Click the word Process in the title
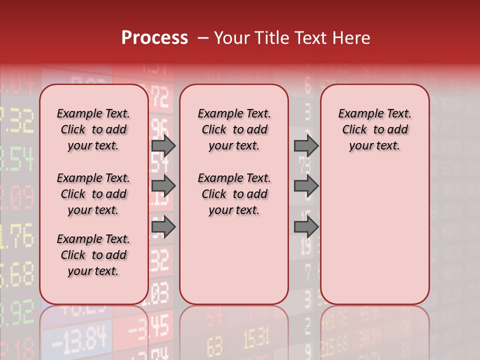click(154, 38)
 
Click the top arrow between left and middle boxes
click(163, 145)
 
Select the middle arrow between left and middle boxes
click(163, 186)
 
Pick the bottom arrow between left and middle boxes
click(163, 227)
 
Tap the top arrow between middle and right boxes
click(306, 145)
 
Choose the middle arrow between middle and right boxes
click(306, 186)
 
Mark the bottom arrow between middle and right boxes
click(306, 227)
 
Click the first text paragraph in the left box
click(93, 129)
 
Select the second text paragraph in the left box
click(93, 194)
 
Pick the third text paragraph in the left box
click(93, 255)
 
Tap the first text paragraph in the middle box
click(234, 129)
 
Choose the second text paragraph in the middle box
click(234, 194)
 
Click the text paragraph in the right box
click(374, 129)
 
